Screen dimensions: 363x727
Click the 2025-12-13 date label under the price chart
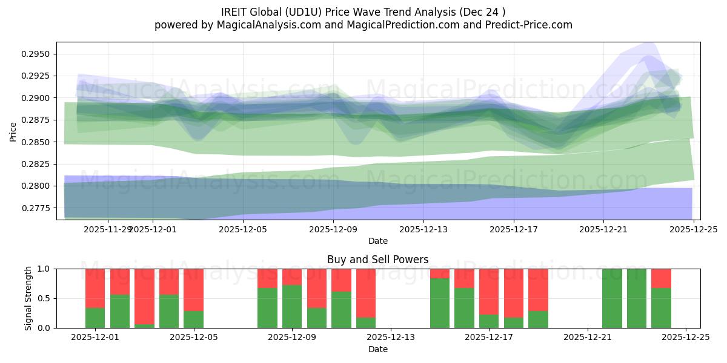tap(423, 229)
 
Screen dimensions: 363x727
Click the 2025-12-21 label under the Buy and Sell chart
tap(588, 338)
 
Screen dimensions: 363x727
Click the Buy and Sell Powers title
tap(377, 260)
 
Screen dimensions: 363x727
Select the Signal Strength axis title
tap(28, 298)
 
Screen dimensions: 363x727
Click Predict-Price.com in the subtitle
tap(528, 25)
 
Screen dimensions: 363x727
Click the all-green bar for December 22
tap(612, 298)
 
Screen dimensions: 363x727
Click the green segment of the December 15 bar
tap(440, 303)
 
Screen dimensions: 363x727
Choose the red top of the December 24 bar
tap(661, 278)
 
